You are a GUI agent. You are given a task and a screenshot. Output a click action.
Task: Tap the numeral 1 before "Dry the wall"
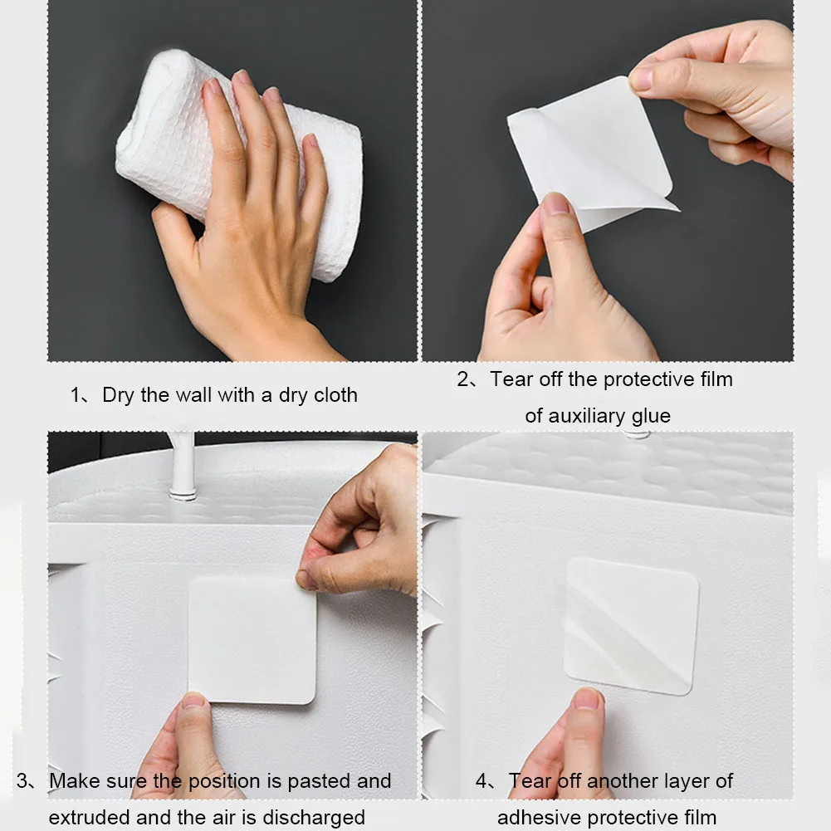pos(76,395)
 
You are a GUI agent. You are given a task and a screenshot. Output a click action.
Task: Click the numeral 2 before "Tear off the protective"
pos(462,379)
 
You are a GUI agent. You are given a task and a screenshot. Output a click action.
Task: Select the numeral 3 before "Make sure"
pos(22,780)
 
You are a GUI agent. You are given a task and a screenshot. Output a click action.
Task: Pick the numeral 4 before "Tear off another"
pos(481,780)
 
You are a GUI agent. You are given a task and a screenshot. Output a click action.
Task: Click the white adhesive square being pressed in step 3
pos(252,640)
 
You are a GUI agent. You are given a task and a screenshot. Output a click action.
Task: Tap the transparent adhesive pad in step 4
pos(631,626)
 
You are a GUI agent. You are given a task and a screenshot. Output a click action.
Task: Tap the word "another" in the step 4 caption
pos(622,780)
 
